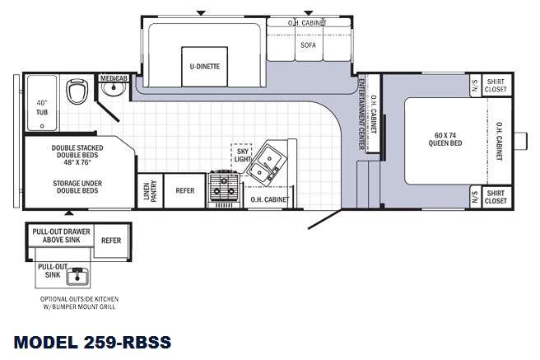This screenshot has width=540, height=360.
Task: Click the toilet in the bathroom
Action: click(x=76, y=91)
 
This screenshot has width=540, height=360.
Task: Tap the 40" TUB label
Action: click(x=42, y=107)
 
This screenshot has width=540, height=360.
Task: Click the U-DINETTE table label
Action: click(x=205, y=66)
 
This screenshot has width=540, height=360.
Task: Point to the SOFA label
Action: click(x=308, y=44)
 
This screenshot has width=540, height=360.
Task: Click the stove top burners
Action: click(x=224, y=186)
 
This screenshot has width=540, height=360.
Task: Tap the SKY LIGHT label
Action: click(x=243, y=155)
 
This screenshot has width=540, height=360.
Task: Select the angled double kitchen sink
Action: click(x=266, y=163)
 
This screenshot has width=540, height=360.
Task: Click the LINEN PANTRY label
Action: click(x=150, y=190)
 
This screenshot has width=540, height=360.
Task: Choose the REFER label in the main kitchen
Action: click(x=185, y=190)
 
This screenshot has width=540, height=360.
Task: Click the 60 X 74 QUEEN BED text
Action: click(x=445, y=139)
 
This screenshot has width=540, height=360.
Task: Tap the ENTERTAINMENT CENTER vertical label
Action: click(x=361, y=115)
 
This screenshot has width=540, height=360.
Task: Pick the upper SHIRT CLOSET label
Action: click(x=496, y=86)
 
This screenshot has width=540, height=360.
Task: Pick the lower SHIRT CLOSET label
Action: click(x=496, y=197)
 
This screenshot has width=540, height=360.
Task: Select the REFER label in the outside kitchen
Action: click(x=111, y=241)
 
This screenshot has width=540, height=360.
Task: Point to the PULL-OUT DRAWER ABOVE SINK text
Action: click(x=61, y=236)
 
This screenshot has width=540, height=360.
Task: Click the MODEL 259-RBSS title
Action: click(x=92, y=342)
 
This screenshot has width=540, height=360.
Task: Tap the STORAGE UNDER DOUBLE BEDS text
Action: click(x=77, y=187)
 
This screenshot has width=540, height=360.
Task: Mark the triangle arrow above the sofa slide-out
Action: click(x=309, y=13)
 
